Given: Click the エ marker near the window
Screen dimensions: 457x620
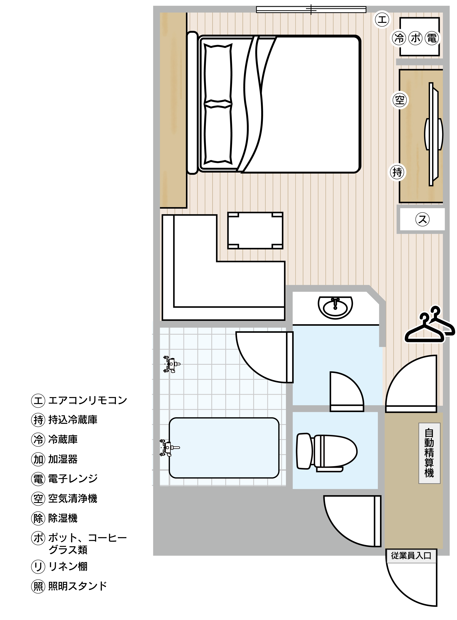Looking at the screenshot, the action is [x=382, y=20].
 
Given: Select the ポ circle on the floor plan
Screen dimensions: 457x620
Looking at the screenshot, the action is [x=415, y=38].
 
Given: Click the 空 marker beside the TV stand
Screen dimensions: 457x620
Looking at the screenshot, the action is [x=400, y=100].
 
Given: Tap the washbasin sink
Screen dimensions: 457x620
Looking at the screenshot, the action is [x=335, y=307].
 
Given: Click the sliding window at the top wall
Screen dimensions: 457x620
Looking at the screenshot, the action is [x=311, y=10].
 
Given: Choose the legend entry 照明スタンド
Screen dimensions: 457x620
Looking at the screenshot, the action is [x=77, y=586].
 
